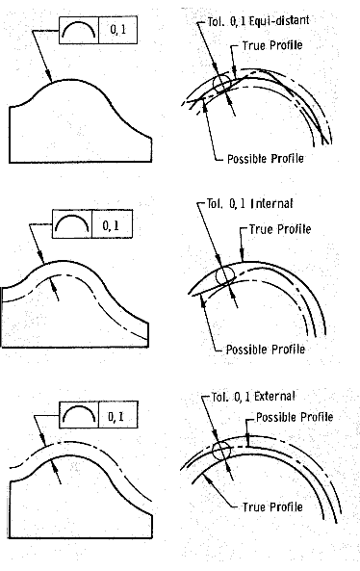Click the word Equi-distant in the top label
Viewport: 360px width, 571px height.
(x=279, y=21)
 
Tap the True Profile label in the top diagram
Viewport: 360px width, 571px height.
(x=272, y=45)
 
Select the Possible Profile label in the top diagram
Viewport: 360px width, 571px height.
(x=266, y=159)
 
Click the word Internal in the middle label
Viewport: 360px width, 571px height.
(x=271, y=203)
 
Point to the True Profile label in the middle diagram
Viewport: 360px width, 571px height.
(x=280, y=229)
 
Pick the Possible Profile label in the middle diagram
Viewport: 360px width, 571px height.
(x=266, y=350)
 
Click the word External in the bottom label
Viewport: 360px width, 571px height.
(x=274, y=396)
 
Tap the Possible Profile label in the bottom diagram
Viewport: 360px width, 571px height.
(x=295, y=417)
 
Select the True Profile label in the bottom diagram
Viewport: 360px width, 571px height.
(x=272, y=506)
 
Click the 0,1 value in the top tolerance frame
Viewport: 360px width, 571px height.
(x=118, y=30)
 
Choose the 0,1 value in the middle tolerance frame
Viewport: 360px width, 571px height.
(x=111, y=225)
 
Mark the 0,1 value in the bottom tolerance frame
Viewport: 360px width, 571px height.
(x=116, y=416)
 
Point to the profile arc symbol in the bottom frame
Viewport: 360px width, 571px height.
(x=79, y=408)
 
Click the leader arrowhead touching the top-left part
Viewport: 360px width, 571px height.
(x=50, y=78)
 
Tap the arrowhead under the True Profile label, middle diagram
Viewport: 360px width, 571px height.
(x=242, y=257)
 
